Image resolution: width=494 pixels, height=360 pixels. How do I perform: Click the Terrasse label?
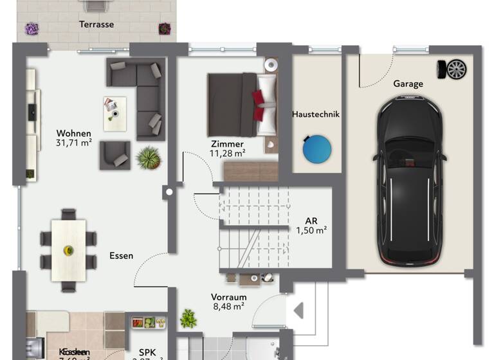[x=96, y=24]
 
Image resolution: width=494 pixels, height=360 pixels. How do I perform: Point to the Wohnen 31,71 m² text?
[x=73, y=138]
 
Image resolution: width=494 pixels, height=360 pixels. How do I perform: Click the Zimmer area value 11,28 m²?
[x=227, y=154]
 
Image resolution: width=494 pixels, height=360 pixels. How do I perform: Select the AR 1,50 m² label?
[x=311, y=226]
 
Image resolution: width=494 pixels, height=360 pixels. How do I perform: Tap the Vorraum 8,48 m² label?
[x=228, y=302]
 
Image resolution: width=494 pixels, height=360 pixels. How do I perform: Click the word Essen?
[x=121, y=255]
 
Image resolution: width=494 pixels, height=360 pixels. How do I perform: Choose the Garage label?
[x=408, y=84]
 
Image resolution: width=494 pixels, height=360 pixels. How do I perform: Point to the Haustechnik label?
[x=315, y=114]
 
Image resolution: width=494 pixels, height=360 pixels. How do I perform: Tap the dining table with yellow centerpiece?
[x=68, y=249]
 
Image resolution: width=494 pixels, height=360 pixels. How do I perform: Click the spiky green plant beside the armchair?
[x=149, y=157]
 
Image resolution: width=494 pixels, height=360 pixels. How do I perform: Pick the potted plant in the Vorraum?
[x=188, y=318]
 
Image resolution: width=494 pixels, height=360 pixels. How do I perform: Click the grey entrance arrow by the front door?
[x=298, y=311]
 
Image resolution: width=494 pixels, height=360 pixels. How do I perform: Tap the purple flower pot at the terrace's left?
[x=32, y=29]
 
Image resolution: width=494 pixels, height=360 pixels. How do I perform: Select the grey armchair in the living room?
[x=114, y=155]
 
